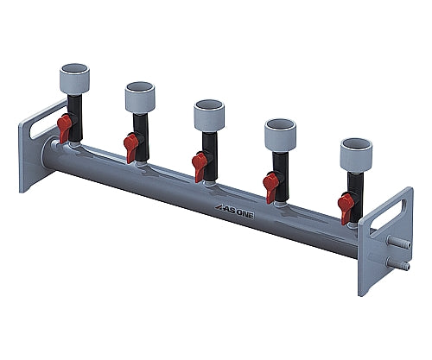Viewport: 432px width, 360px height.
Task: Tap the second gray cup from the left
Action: (x=140, y=97)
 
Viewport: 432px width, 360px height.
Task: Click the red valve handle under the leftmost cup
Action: (x=65, y=129)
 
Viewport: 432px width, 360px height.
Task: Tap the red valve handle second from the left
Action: (x=130, y=148)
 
